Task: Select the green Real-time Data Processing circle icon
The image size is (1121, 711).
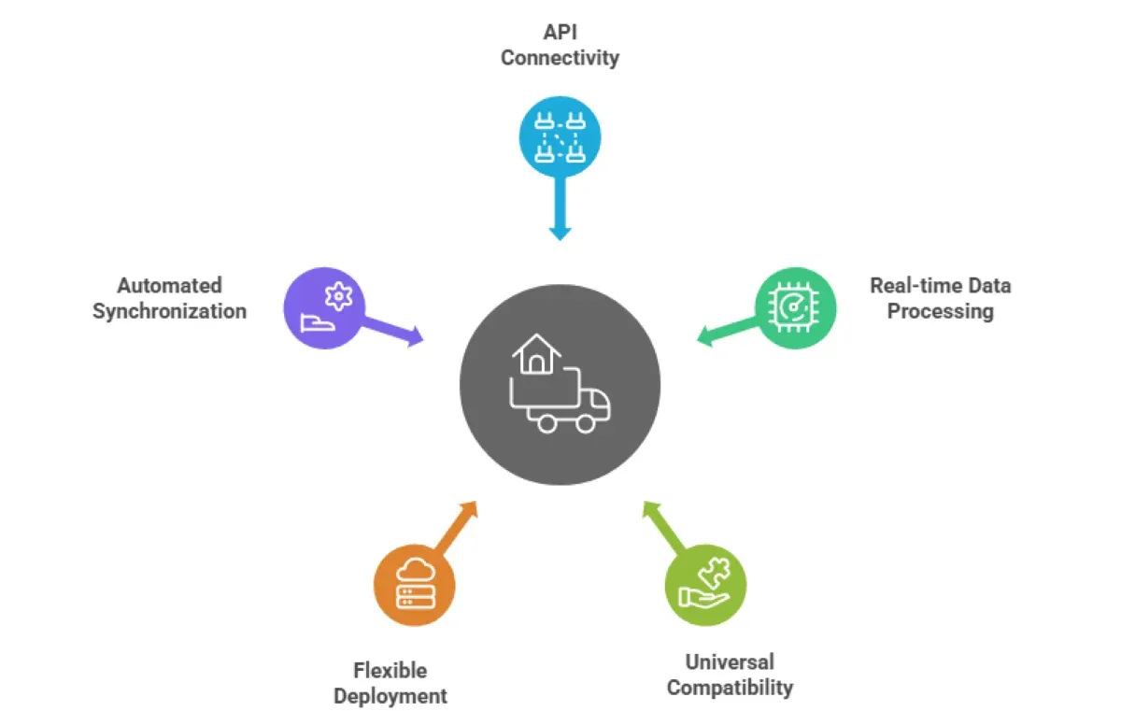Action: click(795, 307)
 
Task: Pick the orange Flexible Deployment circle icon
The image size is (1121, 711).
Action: click(414, 587)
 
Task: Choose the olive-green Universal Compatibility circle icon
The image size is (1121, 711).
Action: click(705, 586)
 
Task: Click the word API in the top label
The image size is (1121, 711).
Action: click(560, 32)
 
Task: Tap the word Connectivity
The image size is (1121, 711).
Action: click(560, 58)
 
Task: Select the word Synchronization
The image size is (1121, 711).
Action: click(169, 311)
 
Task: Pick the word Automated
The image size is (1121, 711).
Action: click(169, 285)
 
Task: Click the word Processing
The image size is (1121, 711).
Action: click(940, 311)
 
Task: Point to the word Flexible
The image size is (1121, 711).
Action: click(390, 670)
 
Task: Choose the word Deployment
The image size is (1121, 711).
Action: click(390, 696)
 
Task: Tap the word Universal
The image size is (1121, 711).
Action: click(730, 662)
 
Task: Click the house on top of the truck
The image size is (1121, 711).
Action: click(536, 356)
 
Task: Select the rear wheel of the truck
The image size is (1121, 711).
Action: click(544, 422)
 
